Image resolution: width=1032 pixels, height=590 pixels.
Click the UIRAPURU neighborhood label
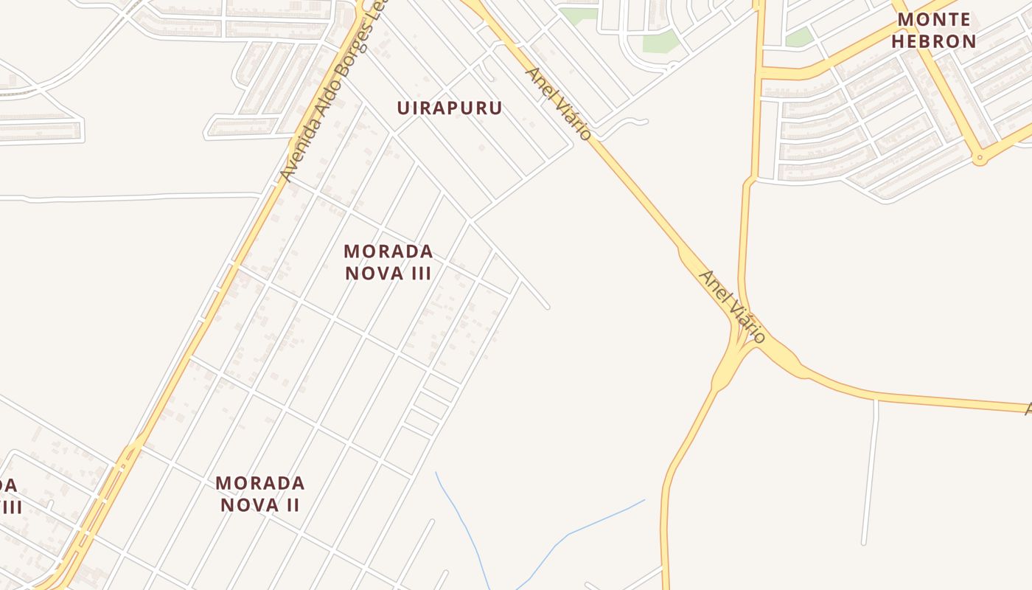[450, 108]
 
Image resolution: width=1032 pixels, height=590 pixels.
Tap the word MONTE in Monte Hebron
[934, 19]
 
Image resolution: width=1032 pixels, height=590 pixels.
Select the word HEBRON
[934, 41]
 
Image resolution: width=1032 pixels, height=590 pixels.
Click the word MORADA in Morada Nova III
[388, 251]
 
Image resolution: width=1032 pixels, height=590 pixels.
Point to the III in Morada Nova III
[418, 273]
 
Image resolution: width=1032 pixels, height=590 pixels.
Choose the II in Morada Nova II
[292, 505]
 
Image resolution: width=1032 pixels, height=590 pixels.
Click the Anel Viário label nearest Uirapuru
[558, 103]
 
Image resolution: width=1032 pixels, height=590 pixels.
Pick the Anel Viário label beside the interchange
[732, 306]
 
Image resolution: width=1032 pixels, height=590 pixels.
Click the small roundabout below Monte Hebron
[979, 157]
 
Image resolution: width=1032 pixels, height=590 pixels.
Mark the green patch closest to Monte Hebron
[799, 38]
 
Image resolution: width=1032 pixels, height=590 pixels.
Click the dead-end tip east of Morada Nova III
[547, 306]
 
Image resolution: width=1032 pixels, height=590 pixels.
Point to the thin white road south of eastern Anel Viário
[871, 472]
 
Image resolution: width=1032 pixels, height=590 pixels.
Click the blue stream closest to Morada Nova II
[461, 516]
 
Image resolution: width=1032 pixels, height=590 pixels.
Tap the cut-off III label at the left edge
[10, 507]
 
